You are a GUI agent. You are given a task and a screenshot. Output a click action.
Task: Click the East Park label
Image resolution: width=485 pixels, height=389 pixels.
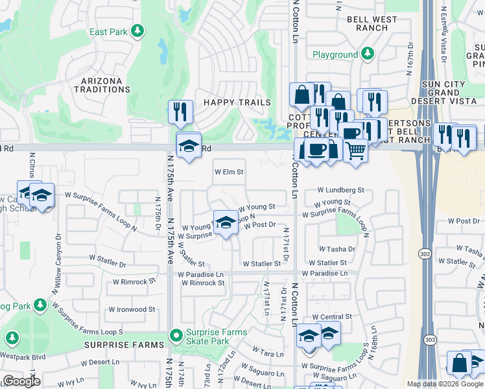point(108,32)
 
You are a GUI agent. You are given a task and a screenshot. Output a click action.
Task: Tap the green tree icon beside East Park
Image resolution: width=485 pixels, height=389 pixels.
point(137,31)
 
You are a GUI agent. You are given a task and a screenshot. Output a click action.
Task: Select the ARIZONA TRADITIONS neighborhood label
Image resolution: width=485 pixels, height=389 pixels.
point(101,85)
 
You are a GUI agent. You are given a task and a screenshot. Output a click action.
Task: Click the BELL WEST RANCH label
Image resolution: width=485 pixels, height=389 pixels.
point(372,24)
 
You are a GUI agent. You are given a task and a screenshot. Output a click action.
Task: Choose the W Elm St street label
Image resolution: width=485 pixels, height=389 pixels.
point(229,172)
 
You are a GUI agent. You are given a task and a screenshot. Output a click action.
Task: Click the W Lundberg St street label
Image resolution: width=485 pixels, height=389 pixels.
point(341,190)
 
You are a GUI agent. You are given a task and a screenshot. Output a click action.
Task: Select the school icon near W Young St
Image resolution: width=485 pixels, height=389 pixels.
point(225,222)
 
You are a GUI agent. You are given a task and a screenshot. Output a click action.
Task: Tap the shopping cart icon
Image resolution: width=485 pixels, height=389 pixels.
point(355,151)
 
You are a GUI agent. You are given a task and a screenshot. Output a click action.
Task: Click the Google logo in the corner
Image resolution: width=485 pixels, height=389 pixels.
point(21,381)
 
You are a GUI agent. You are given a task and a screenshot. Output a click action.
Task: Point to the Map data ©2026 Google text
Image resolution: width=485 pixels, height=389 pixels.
point(445,384)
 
